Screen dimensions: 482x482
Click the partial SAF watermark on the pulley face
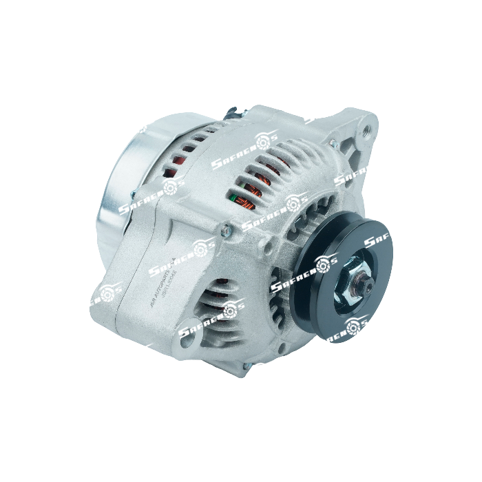click(x=379, y=241)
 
